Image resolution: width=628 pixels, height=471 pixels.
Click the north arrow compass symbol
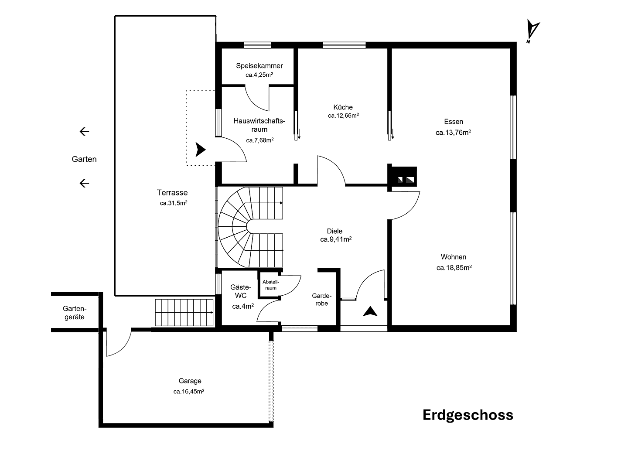click(x=532, y=31)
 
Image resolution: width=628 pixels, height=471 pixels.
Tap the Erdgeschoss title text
click(x=468, y=415)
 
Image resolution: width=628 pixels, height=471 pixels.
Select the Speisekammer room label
click(x=259, y=66)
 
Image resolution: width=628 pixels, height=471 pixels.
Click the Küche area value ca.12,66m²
click(x=343, y=116)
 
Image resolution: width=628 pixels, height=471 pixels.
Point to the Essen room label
click(x=453, y=122)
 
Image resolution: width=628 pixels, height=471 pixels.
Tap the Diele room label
click(x=334, y=231)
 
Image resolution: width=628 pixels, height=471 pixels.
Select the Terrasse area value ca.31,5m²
click(x=173, y=203)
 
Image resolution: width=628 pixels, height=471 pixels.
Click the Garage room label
click(x=190, y=381)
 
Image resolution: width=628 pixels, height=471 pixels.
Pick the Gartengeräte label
click(x=74, y=312)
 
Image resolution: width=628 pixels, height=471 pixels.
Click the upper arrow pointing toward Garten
click(x=84, y=131)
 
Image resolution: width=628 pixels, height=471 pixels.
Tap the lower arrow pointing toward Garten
click(x=84, y=183)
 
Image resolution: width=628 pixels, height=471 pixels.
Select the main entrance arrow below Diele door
click(x=370, y=311)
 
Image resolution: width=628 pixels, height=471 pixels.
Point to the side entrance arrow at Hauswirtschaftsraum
click(x=200, y=150)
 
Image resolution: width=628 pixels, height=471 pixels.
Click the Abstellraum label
click(x=270, y=285)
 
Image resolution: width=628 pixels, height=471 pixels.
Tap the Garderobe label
click(x=321, y=299)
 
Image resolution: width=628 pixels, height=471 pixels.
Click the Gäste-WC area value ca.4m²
click(x=242, y=307)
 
